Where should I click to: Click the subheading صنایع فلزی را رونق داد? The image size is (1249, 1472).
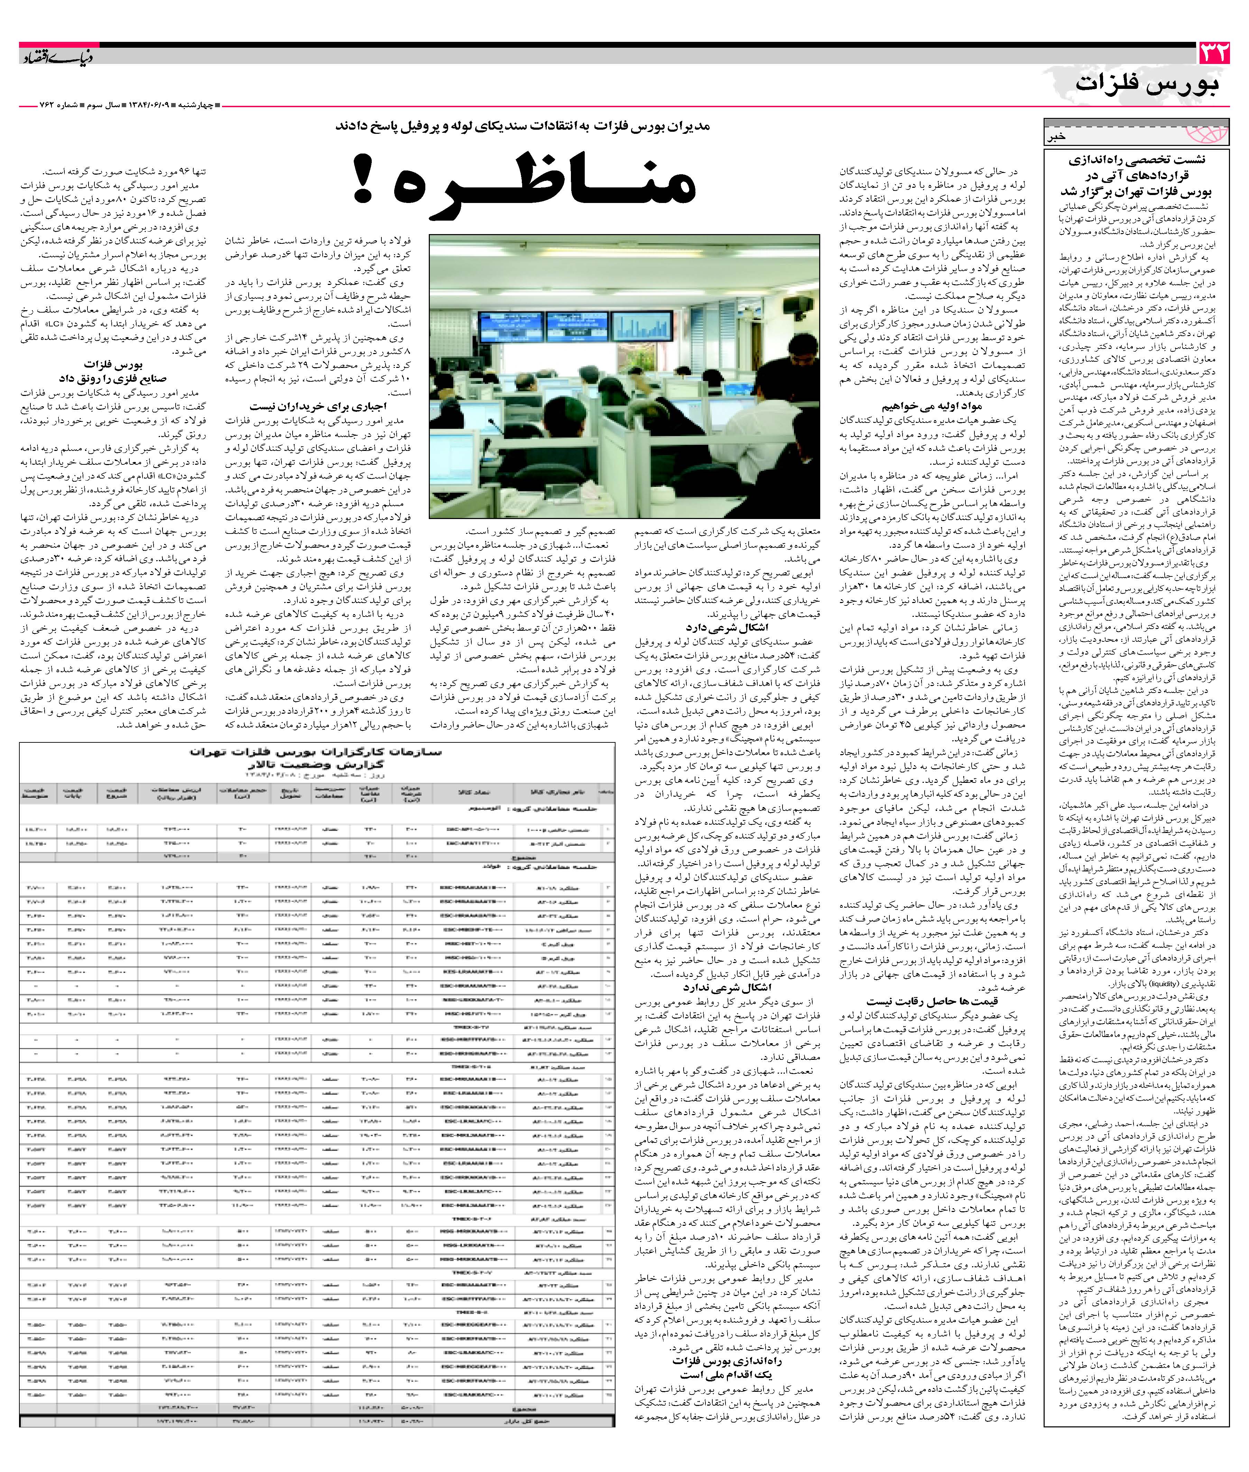113,378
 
